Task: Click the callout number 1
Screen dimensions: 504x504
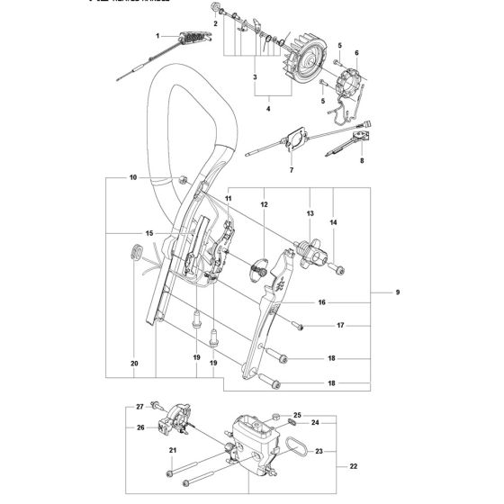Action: click(x=157, y=36)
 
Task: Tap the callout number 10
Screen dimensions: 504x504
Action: click(x=132, y=179)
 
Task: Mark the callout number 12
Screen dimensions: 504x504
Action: click(x=265, y=206)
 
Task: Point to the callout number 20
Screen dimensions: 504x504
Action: click(x=134, y=364)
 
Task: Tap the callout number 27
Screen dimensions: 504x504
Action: click(x=139, y=407)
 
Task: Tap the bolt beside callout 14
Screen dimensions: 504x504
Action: click(x=335, y=266)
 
